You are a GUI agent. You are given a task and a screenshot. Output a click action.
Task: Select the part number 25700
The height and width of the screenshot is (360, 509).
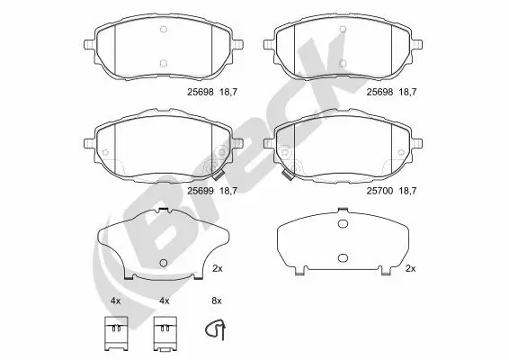[380, 190]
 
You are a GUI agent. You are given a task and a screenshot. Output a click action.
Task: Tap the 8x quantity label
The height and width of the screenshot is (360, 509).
[216, 299]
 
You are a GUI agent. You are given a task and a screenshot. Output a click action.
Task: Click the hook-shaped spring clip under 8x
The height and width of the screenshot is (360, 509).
[213, 331]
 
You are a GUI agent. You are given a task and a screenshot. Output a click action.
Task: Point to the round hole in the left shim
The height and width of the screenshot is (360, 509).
[163, 263]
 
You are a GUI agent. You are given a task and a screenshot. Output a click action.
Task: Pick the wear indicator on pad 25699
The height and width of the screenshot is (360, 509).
[216, 172]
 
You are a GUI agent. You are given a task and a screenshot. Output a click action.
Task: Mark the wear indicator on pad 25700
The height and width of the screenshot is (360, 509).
[282, 175]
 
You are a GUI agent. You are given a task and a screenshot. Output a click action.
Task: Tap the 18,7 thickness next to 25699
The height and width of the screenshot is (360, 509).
[228, 190]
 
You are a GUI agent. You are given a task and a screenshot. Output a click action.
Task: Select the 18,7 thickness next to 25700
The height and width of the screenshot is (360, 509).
[409, 190]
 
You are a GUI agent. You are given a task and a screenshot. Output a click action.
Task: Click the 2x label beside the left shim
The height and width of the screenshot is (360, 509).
[217, 268]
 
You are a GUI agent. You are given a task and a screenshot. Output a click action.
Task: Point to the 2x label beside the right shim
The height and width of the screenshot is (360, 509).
[411, 268]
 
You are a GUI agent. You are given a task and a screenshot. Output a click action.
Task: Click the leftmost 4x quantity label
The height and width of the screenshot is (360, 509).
[115, 299]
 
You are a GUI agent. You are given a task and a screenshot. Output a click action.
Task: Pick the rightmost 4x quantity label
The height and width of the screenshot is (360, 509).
[164, 299]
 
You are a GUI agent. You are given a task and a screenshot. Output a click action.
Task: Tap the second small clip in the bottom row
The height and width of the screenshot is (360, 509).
[164, 332]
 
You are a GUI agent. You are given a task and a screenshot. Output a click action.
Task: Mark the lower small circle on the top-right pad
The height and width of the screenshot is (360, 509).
[343, 63]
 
